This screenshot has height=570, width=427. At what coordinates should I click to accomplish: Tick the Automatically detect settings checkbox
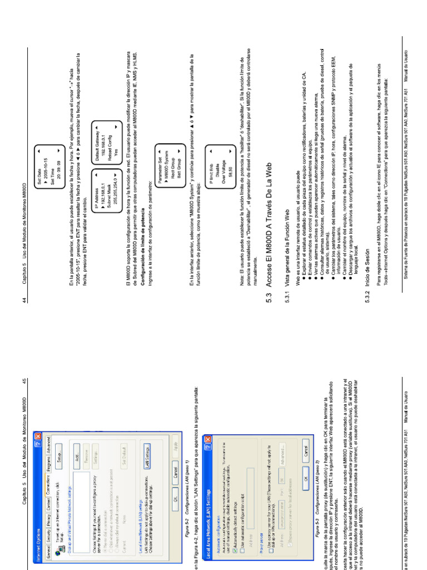coord(235,543)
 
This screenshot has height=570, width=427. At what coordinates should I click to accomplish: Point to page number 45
coord(25,381)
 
